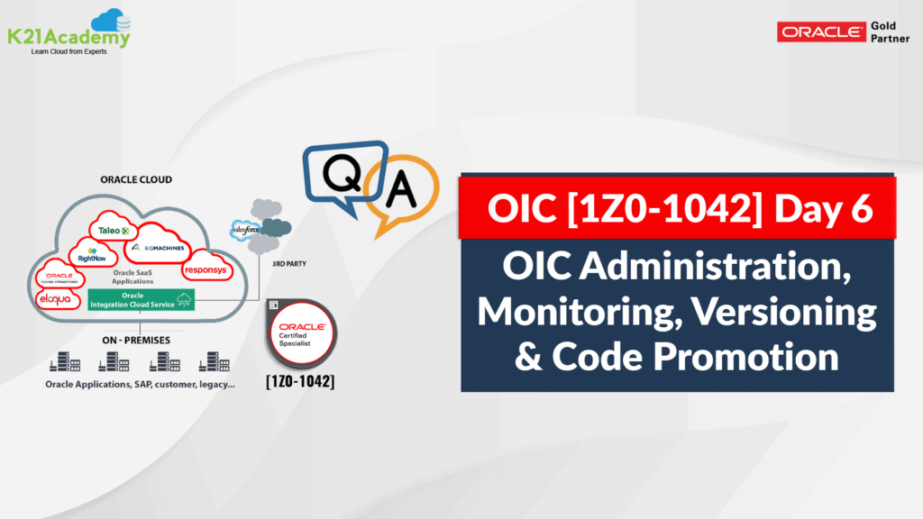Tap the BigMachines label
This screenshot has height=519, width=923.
coord(160,247)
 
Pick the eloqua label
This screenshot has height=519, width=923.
coord(54,297)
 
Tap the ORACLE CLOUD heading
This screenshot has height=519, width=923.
coord(137,179)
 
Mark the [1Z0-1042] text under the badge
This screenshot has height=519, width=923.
coord(301,382)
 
